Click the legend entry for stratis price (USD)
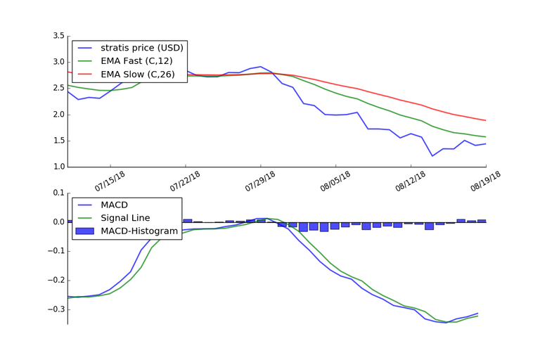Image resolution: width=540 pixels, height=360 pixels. point(141,48)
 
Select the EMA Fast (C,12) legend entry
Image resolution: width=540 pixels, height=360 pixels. point(138,61)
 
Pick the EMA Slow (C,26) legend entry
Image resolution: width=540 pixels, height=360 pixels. point(138,75)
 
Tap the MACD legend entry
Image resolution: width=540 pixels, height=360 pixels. point(116,205)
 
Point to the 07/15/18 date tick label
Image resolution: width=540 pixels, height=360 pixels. point(110,179)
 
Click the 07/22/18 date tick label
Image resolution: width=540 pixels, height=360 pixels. point(186,179)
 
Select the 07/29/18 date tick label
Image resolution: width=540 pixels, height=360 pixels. point(261,179)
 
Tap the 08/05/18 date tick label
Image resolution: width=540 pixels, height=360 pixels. point(337,179)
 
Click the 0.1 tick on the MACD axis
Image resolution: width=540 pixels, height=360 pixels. point(56,193)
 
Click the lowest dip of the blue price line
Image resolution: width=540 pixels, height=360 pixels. point(432,155)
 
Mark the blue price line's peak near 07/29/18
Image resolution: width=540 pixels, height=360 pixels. point(261,67)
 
